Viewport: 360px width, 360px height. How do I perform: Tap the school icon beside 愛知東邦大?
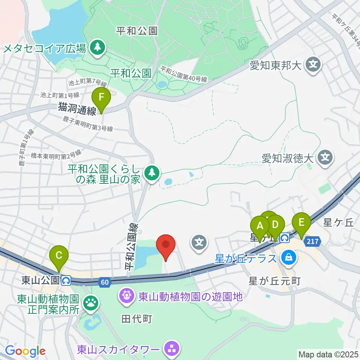coord(313,65)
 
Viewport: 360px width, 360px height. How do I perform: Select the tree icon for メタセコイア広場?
coord(98,48)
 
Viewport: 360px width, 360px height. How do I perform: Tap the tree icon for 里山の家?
coord(151,172)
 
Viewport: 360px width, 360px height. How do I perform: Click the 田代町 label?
coord(136,319)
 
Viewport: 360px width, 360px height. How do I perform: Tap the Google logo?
coord(25,351)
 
